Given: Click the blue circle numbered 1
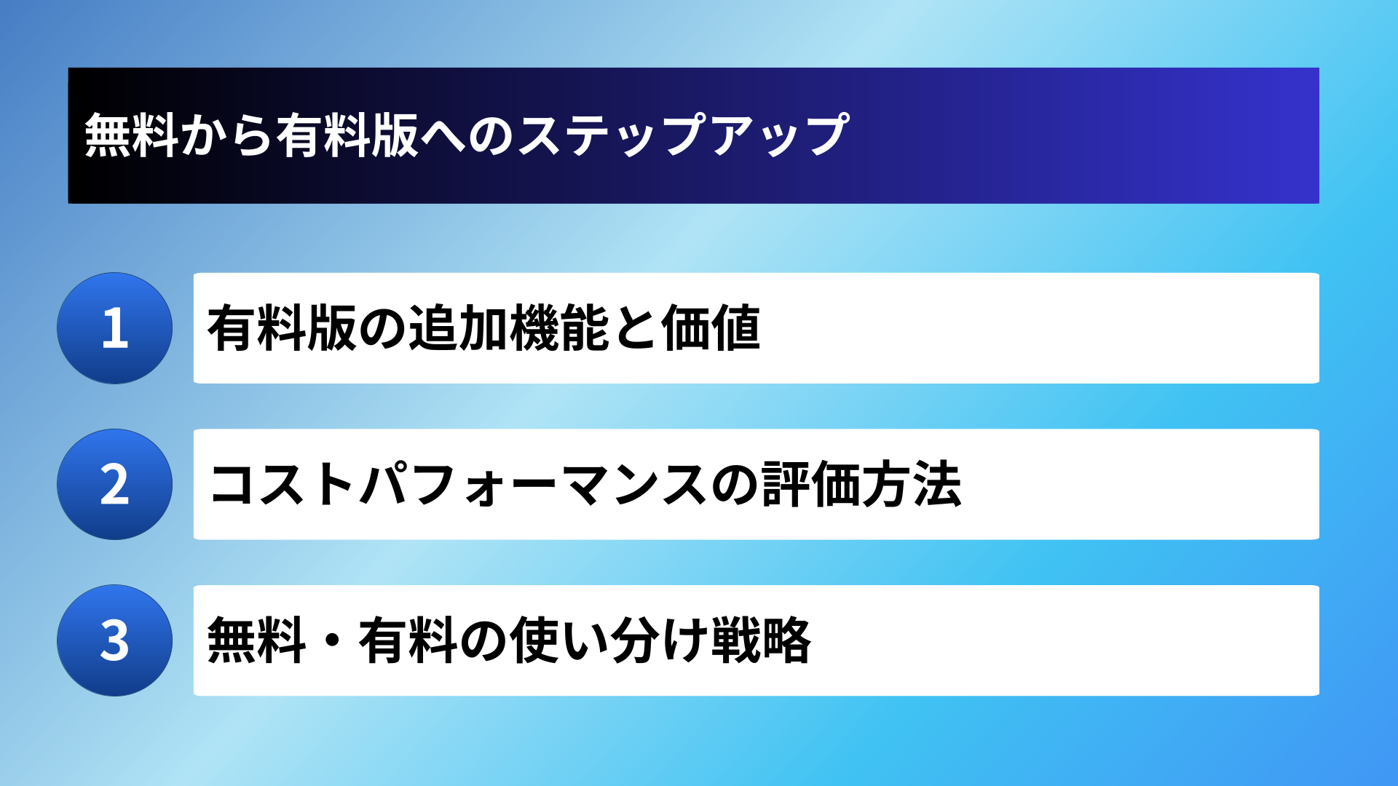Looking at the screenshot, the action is click(x=114, y=328).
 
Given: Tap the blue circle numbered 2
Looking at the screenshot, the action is click(x=114, y=484).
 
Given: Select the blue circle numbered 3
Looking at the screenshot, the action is click(x=114, y=640).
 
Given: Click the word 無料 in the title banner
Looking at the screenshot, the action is click(x=132, y=135).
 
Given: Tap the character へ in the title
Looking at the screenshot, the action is click(x=443, y=135).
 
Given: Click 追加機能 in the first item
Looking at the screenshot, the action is click(x=508, y=328).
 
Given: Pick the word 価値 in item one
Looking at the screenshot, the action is click(x=711, y=328).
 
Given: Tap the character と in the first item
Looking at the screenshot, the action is click(x=635, y=328).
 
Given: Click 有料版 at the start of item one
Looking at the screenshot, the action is click(x=282, y=328).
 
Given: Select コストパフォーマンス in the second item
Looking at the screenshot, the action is click(x=458, y=485).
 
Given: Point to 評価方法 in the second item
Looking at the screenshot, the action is click(x=862, y=485).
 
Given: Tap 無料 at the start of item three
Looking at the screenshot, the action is click(x=256, y=640).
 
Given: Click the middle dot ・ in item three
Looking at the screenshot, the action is click(x=333, y=640).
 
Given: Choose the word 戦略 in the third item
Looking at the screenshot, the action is click(x=761, y=640).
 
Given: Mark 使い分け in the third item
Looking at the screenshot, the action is click(x=609, y=640).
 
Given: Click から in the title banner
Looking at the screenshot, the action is click(x=227, y=135).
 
